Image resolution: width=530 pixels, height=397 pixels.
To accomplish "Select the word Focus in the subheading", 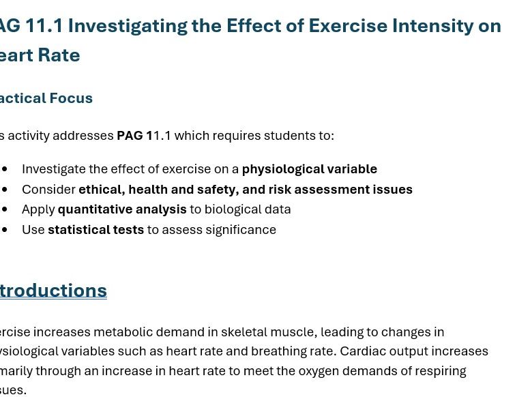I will [71, 98].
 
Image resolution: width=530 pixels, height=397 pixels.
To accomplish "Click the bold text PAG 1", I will [134, 136].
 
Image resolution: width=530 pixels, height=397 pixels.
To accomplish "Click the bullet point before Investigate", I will [5, 169].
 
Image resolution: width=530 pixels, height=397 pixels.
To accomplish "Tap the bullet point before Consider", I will [5, 190].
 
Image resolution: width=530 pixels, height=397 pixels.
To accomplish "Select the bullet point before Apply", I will [5, 209].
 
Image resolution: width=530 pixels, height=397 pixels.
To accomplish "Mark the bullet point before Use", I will [5, 230].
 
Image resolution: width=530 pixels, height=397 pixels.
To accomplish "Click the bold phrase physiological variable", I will [309, 169].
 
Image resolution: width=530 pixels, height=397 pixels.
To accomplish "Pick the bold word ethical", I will [100, 190].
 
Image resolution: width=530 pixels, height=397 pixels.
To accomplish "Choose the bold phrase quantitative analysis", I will [122, 209].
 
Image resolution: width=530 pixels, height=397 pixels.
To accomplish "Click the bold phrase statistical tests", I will [95, 230].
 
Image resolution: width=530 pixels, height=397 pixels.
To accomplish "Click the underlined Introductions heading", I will [53, 291].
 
